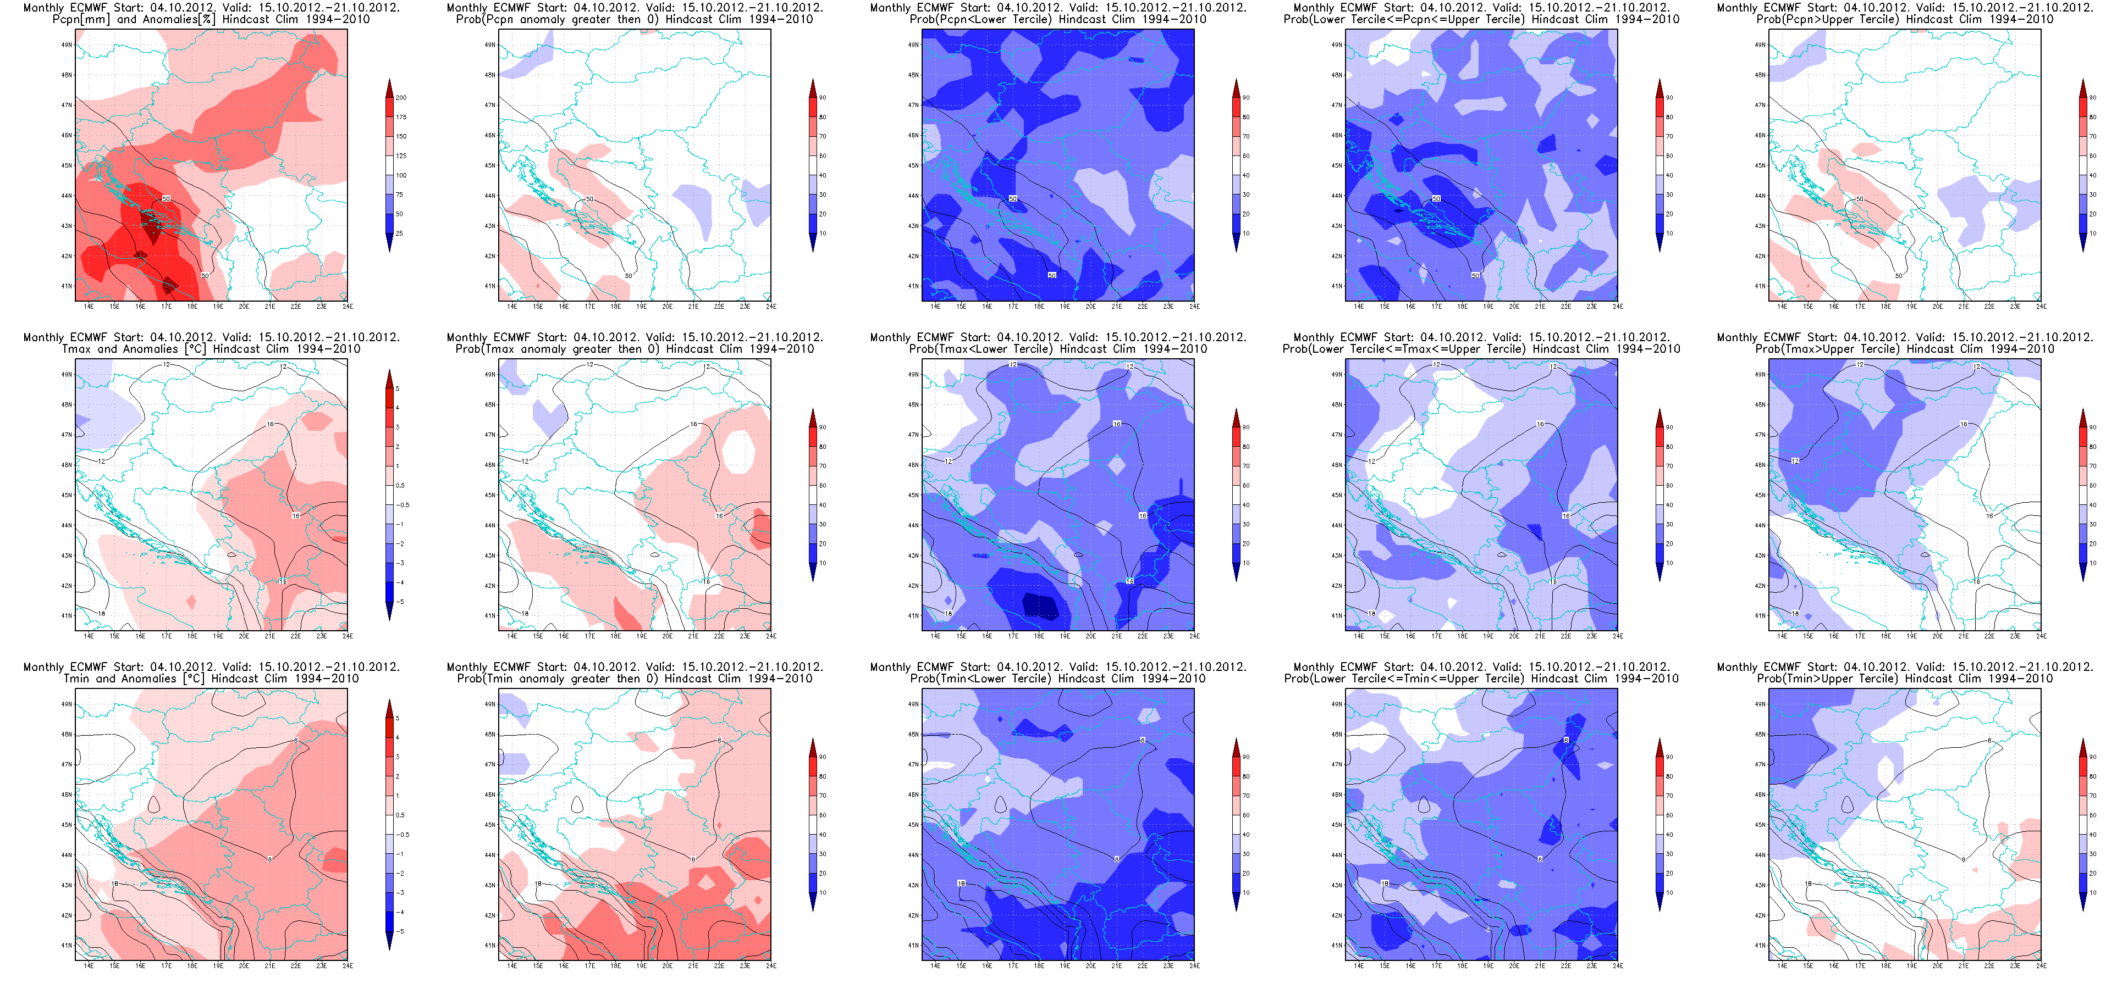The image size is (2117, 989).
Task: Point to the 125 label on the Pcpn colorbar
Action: click(x=401, y=156)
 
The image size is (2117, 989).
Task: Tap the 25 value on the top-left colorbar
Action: click(x=399, y=234)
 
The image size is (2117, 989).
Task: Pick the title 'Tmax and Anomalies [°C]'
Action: click(x=211, y=349)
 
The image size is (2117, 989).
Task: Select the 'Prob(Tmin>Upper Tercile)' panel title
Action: click(x=1904, y=679)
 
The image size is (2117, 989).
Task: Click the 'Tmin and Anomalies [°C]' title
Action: click(x=211, y=679)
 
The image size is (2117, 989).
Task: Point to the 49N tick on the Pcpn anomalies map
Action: click(x=67, y=45)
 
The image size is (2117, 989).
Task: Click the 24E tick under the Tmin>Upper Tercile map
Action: click(x=2041, y=966)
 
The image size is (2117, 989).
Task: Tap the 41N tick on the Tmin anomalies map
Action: click(x=67, y=946)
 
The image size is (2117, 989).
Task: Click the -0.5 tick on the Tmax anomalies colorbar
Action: click(x=403, y=505)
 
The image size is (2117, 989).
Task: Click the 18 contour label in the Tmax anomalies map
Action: click(x=102, y=614)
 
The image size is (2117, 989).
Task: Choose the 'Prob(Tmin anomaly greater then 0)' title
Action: click(x=635, y=679)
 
